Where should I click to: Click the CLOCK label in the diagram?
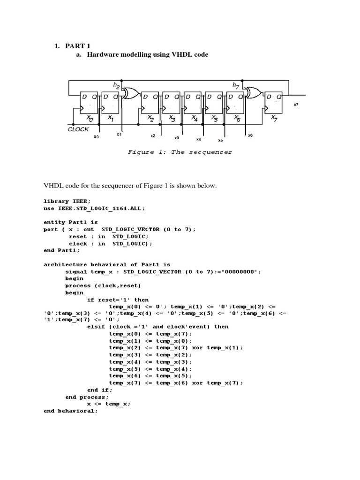point(78,129)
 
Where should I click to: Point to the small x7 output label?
point(296,105)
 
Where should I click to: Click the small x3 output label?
point(177,138)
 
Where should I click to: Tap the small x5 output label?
point(220,140)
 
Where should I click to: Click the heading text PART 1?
point(77,45)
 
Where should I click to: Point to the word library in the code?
point(56,201)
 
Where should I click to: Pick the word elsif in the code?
point(96,326)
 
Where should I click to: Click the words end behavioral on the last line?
point(70,411)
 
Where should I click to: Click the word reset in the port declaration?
point(78,236)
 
